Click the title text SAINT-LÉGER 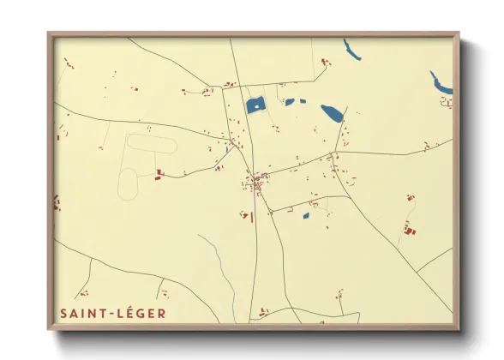tap(113, 314)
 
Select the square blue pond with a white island tap(255, 106)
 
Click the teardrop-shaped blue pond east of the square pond tap(332, 112)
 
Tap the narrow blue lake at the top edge tap(353, 50)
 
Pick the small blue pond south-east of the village tap(306, 215)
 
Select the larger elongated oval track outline tap(152, 143)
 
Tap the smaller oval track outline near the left tap(127, 183)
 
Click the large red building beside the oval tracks tap(159, 175)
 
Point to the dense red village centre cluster tap(255, 182)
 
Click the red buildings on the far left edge tap(57, 203)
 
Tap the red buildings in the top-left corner tap(68, 63)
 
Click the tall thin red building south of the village tap(252, 217)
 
